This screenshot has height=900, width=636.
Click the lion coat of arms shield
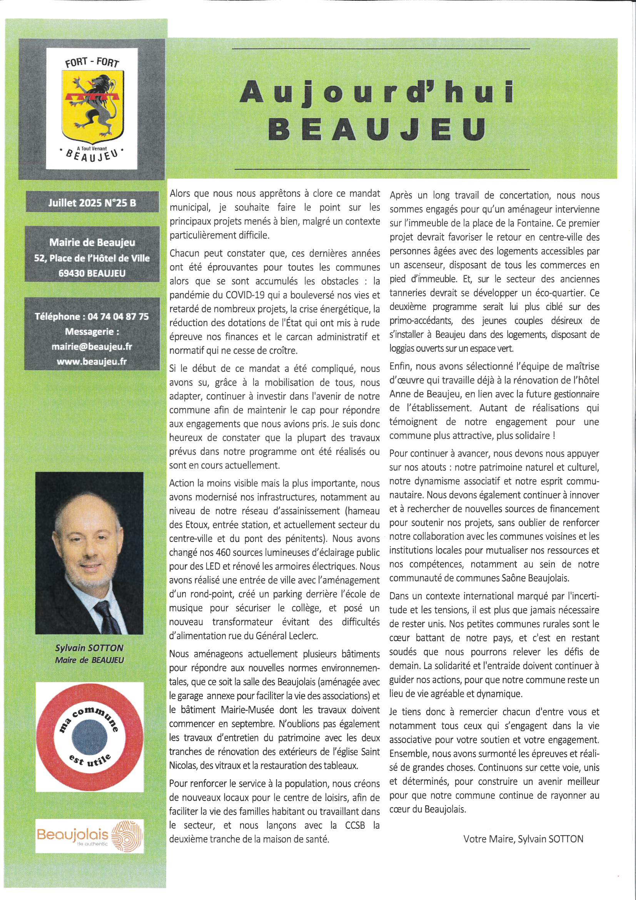[x=93, y=106]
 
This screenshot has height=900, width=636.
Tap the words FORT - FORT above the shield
[x=92, y=62]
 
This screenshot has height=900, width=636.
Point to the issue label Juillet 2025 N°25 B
[x=92, y=203]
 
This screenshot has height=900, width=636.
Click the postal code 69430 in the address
[x=72, y=273]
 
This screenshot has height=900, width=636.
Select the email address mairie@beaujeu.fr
[x=92, y=346]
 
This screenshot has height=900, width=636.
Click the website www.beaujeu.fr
[x=92, y=361]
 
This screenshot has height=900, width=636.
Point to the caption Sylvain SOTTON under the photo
[x=89, y=648]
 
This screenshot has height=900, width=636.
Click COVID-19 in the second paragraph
[x=246, y=295]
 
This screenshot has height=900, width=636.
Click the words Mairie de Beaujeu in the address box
[x=92, y=243]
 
